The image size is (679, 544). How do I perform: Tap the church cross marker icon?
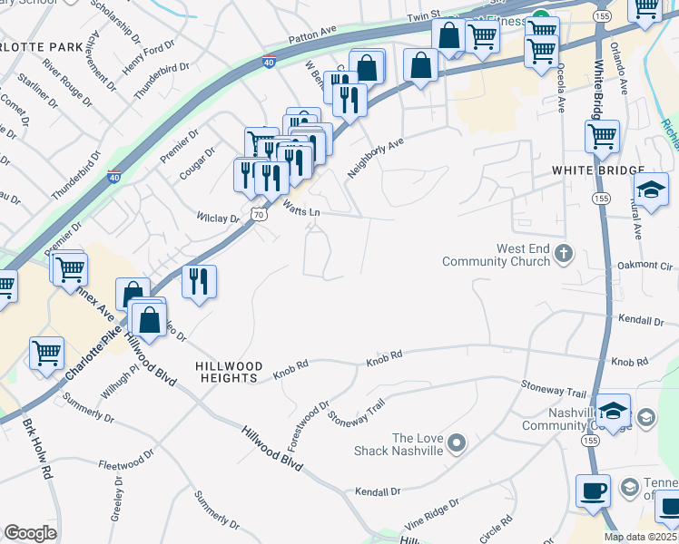564,253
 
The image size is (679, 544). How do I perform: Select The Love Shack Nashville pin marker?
457,443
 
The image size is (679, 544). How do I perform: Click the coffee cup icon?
593,491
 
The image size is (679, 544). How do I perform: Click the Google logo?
30,533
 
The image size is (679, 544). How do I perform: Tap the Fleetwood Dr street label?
123,463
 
